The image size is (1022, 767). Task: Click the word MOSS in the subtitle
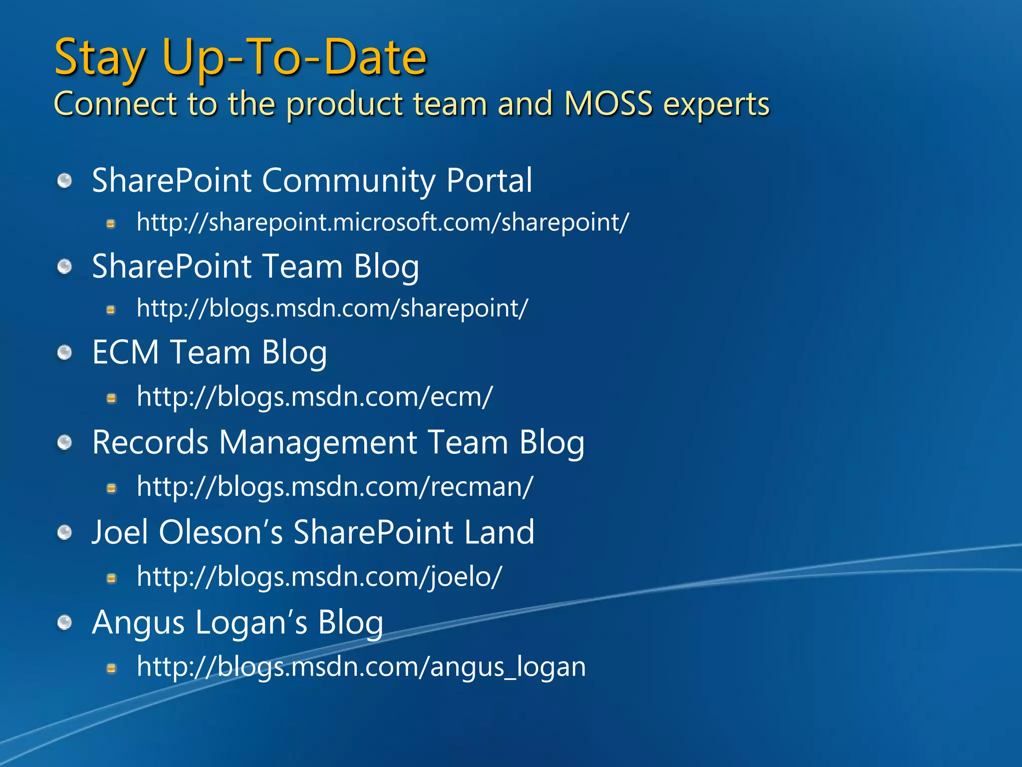tap(608, 104)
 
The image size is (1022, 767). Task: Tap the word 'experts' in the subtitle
tap(717, 105)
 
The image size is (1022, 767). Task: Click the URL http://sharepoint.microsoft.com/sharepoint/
tap(383, 223)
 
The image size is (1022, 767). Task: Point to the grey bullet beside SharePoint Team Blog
tap(65, 267)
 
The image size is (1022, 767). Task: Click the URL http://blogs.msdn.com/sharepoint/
tap(332, 309)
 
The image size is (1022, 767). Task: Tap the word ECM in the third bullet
tap(125, 353)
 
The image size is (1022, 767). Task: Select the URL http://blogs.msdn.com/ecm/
tap(314, 397)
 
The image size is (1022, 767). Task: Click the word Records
tap(150, 443)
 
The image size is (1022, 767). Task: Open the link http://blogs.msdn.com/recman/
tap(335, 487)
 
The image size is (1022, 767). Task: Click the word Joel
tap(120, 532)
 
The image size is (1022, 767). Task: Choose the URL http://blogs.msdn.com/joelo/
tap(319, 577)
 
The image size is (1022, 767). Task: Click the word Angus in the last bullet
tap(138, 623)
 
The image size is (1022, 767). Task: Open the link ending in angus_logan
tap(361, 667)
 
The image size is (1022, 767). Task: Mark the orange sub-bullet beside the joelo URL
tap(112, 578)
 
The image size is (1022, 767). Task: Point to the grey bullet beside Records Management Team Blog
tap(65, 442)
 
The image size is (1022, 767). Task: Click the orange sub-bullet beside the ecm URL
tap(112, 398)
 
